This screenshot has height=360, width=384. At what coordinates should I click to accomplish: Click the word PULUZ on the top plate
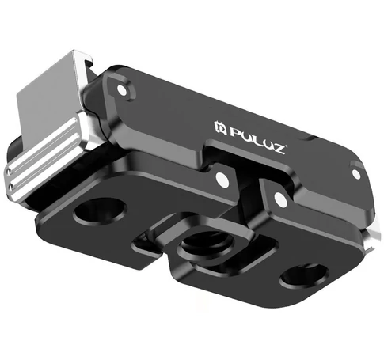[x=258, y=140]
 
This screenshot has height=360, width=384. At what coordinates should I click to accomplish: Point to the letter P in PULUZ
[x=236, y=131]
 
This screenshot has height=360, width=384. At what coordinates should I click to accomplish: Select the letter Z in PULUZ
[x=279, y=149]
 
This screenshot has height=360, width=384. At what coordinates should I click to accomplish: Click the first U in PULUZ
[x=247, y=136]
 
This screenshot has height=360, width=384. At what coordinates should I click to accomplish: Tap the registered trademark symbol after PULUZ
[x=286, y=146]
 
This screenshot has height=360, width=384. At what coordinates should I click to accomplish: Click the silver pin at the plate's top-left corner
[x=122, y=90]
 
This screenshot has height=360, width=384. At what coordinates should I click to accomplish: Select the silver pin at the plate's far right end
[x=356, y=174]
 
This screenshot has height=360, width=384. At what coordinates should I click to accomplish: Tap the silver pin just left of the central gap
[x=222, y=180]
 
